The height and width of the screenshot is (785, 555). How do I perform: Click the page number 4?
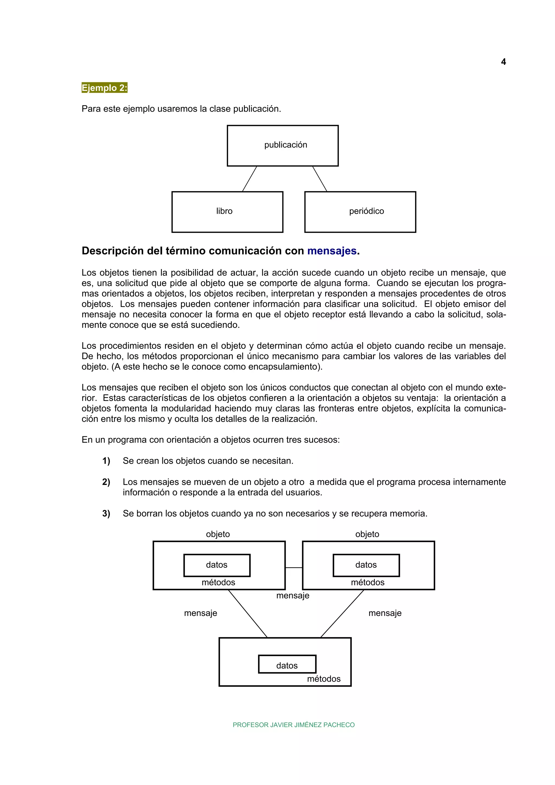point(503,62)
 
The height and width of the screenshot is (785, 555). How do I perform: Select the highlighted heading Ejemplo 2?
point(104,88)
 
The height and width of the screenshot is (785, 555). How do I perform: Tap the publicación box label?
point(286,145)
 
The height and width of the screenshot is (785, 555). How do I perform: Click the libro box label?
point(224,211)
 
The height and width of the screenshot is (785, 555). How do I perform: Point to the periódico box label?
point(366,211)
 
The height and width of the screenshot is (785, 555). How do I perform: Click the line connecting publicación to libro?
point(249,179)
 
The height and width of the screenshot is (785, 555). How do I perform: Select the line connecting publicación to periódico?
point(320,179)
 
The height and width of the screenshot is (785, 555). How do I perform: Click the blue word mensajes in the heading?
point(332,251)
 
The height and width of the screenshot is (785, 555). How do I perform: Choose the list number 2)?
point(106,482)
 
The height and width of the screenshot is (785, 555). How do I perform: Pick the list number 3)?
point(106,514)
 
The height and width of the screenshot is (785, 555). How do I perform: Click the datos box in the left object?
point(217,565)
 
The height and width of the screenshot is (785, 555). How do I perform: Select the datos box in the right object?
point(366,565)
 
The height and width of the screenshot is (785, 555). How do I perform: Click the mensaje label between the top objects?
point(293,596)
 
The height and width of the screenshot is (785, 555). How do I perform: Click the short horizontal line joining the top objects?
point(294,567)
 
